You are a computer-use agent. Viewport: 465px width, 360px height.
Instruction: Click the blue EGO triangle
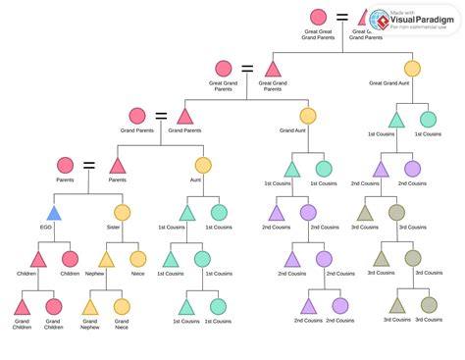coord(55,213)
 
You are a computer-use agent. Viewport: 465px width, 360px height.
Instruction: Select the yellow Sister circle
coord(122,212)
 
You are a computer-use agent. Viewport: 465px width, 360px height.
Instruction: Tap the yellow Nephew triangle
coord(105,259)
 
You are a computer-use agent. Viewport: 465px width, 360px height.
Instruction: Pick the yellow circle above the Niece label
coord(137,259)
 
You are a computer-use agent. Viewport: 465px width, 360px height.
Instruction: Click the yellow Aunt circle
coord(202,166)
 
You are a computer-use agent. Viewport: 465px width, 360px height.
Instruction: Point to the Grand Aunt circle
coord(307,116)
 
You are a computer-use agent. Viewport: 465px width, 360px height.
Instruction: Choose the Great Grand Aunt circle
coord(412,69)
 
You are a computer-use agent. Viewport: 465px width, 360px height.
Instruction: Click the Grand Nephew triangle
coord(89,306)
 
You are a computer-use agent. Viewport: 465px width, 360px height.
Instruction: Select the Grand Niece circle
coord(122,306)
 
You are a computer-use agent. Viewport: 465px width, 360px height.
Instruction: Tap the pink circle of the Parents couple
coord(65,166)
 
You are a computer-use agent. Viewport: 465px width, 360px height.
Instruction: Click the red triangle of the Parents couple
coord(117,166)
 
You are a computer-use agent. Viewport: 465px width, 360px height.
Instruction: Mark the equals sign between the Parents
coord(90,165)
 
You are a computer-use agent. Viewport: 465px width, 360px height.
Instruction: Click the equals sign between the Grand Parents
coord(161,116)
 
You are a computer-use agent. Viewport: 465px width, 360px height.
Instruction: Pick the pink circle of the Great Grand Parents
coord(224,69)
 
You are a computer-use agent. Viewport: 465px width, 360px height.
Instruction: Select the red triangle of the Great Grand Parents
coord(272,69)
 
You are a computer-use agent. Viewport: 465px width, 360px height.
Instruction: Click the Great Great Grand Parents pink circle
coord(318,18)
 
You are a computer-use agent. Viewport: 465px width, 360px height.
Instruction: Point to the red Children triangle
coord(38,259)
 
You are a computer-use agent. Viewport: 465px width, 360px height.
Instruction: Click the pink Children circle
coord(70,259)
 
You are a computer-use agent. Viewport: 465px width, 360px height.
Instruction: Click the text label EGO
coord(46,227)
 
